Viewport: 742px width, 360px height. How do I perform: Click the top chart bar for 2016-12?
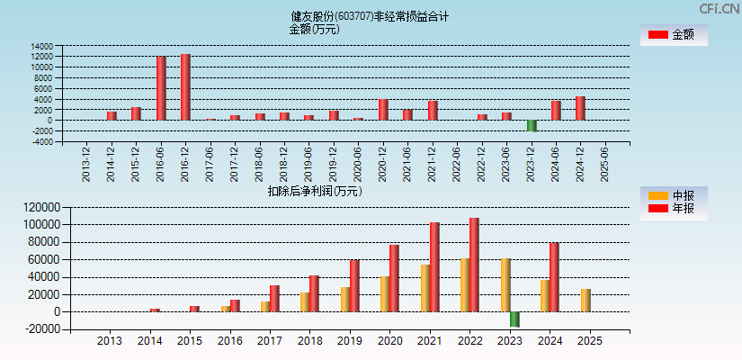point(185,87)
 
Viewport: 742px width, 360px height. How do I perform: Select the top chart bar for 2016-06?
point(161,88)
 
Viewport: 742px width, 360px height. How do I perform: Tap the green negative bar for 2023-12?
point(532,125)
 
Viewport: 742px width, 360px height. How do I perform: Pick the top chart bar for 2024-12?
point(580,108)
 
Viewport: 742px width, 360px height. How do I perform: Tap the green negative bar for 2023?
point(514,319)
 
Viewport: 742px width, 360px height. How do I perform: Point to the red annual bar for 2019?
point(354,286)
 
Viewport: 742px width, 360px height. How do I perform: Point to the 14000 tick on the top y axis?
point(41,46)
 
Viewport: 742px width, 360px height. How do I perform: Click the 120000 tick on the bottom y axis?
point(40,207)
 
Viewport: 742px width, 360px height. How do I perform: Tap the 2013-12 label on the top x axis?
point(87,163)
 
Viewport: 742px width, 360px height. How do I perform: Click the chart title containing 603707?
point(371,16)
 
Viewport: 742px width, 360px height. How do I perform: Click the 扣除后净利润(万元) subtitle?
point(315,191)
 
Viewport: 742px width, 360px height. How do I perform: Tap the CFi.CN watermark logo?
point(720,8)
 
